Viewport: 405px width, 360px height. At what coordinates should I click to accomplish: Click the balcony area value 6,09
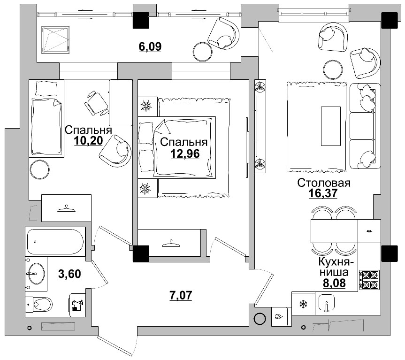click(x=150, y=46)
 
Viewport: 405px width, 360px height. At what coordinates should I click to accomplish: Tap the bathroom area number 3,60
click(x=70, y=274)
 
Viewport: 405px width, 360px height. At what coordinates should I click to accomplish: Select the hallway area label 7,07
click(x=181, y=295)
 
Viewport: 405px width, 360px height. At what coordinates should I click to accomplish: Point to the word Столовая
click(x=324, y=183)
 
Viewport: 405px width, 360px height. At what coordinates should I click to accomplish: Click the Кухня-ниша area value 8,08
click(x=334, y=283)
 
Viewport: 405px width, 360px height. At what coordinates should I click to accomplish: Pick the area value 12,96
click(x=185, y=153)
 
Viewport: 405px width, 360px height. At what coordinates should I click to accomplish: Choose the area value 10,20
click(x=88, y=141)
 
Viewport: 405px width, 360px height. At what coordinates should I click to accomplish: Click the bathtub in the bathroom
click(x=55, y=241)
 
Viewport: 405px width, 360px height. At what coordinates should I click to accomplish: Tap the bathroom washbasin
click(x=36, y=274)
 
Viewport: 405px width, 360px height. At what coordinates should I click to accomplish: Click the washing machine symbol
click(x=77, y=305)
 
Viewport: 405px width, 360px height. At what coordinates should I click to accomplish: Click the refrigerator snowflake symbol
click(x=303, y=304)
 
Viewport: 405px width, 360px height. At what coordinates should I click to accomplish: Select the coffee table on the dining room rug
click(x=330, y=126)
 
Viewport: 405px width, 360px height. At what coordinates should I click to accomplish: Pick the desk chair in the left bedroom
click(x=96, y=103)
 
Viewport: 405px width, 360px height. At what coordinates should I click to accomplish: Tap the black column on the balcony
click(x=141, y=20)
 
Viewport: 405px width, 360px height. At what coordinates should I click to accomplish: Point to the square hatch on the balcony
click(x=55, y=40)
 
